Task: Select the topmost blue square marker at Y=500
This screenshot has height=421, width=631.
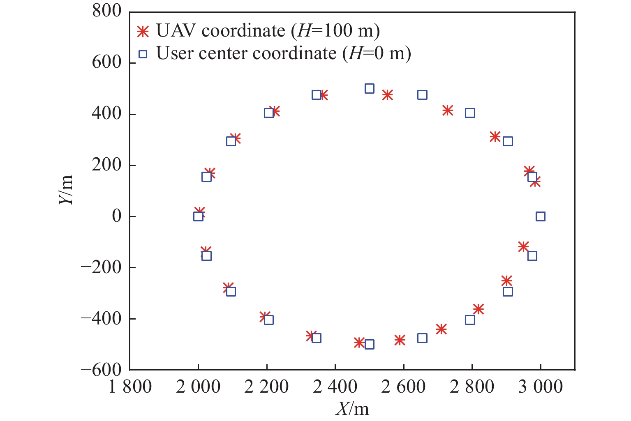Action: click(369, 88)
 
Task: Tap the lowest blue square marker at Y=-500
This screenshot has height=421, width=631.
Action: click(369, 344)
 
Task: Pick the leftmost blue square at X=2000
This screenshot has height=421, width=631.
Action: click(198, 216)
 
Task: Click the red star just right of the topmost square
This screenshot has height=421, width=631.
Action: click(387, 95)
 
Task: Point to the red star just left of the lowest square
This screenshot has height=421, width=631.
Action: click(359, 342)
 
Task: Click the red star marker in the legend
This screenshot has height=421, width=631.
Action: click(143, 32)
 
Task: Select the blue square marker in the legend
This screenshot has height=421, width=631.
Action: click(143, 54)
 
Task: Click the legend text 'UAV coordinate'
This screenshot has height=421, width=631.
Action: click(220, 31)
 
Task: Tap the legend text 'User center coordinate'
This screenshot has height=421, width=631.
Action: click(246, 53)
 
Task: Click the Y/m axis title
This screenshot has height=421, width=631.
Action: click(66, 189)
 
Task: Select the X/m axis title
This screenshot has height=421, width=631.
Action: click(352, 409)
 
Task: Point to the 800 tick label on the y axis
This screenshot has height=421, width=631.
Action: click(107, 11)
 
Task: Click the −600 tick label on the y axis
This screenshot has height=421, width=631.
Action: click(101, 370)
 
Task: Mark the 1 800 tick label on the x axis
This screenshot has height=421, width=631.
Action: click(130, 387)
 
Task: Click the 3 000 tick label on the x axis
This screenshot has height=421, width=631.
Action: click(540, 387)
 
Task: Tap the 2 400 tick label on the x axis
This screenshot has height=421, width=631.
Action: click(335, 387)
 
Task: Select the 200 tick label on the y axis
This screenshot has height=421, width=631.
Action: click(107, 165)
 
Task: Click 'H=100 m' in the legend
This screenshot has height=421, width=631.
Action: click(335, 31)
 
